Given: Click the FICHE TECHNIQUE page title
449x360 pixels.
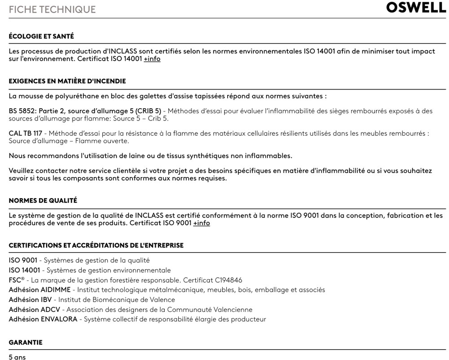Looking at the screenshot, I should (x=52, y=9).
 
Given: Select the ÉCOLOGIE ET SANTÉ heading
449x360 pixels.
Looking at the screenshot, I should (x=41, y=36).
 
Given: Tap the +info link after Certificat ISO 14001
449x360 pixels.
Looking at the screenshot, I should (x=152, y=59).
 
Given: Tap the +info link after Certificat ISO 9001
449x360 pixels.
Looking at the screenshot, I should (x=202, y=223).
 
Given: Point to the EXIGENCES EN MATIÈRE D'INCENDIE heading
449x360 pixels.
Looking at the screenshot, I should (x=67, y=81).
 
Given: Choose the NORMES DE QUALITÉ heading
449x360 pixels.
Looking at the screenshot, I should (x=43, y=200).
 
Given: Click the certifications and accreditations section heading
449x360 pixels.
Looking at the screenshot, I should (x=96, y=245).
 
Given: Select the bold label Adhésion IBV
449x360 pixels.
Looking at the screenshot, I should (x=30, y=300).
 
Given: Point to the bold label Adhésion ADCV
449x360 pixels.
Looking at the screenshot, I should (x=34, y=310).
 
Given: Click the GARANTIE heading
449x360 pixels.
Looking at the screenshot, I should (x=26, y=342).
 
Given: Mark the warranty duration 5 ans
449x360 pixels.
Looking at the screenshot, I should (x=17, y=357).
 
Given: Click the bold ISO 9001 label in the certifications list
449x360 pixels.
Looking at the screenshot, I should (x=23, y=260).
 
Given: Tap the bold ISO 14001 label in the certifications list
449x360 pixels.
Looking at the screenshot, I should (x=25, y=270).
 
